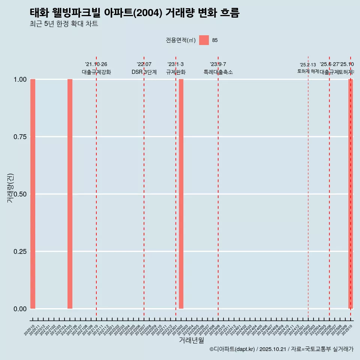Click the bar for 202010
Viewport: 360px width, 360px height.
tap(33, 194)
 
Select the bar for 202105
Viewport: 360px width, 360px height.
tap(70, 194)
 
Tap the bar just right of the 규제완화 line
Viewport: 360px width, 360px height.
tap(181, 194)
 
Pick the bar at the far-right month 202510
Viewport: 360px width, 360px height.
tap(351, 194)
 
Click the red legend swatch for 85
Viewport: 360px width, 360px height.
tap(204, 40)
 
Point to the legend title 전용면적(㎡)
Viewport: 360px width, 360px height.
tap(181, 40)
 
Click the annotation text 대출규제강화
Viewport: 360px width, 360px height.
tap(96, 72)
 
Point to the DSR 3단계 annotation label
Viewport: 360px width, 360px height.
tap(144, 72)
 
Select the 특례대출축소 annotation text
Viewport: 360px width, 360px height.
tap(218, 72)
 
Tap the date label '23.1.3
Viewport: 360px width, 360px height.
tap(175, 64)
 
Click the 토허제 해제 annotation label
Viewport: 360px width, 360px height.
tap(308, 71)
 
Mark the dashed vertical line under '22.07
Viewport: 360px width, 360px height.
tap(144, 187)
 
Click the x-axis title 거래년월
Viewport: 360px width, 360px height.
tap(191, 340)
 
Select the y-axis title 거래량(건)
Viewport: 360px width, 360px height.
tap(10, 188)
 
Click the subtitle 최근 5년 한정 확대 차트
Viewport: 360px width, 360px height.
tap(64, 24)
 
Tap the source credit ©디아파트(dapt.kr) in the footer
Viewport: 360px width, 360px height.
tap(232, 349)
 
